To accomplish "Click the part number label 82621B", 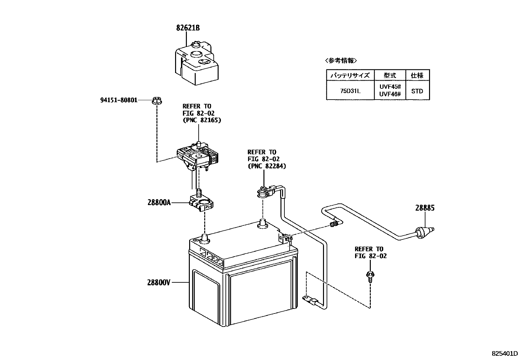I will coord(188,28).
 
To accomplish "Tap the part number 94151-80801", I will coord(119,100).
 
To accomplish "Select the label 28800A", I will coord(159,203).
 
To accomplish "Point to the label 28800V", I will coord(159,282).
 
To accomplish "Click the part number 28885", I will coord(425,208).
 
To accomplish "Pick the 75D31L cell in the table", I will coord(350,91).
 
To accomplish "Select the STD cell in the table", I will coord(417,91).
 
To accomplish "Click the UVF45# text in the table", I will coord(390,87).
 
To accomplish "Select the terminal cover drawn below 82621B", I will coord(196,62).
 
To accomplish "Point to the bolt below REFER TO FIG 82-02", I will coord(370,276).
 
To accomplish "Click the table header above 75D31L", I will coord(350,75).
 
